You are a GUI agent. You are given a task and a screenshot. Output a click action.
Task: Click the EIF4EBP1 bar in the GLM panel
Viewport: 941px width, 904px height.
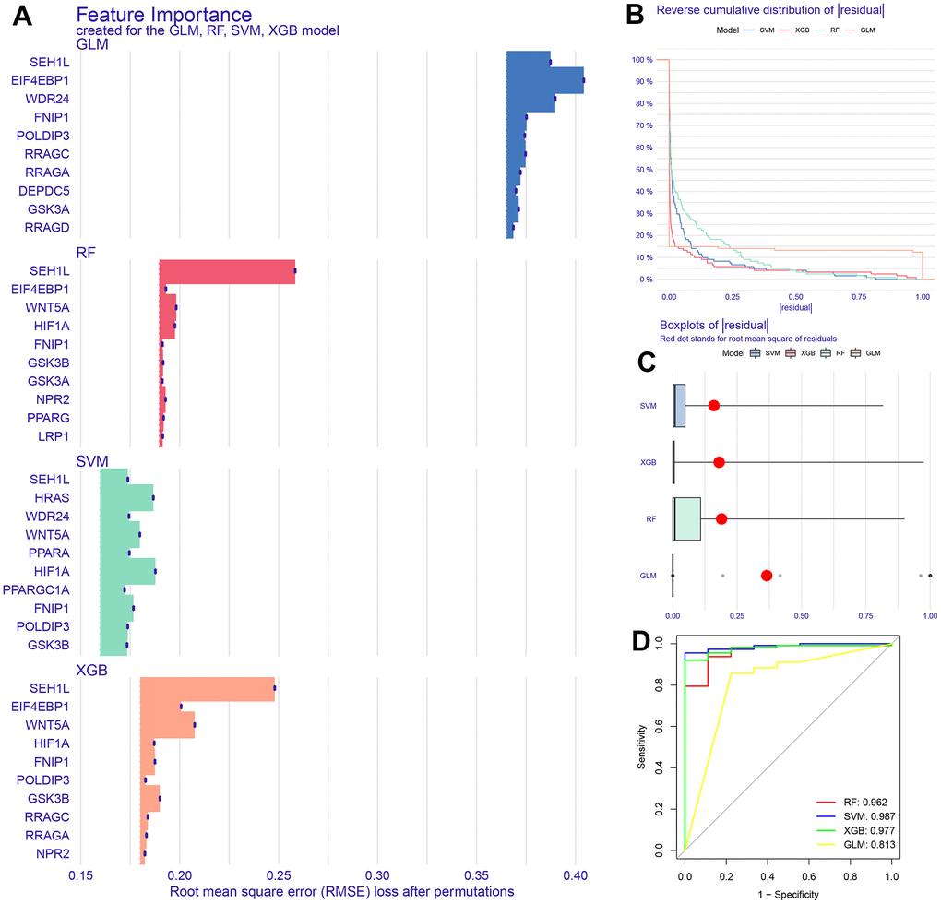(x=544, y=80)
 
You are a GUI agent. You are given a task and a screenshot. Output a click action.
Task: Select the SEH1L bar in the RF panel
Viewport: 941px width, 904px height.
(x=227, y=271)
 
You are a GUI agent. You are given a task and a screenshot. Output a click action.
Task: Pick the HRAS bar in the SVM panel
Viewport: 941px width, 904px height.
(x=126, y=497)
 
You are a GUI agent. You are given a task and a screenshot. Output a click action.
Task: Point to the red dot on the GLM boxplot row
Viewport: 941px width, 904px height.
(x=767, y=576)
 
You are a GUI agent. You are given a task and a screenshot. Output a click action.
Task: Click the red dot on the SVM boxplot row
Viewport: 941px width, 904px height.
(x=713, y=405)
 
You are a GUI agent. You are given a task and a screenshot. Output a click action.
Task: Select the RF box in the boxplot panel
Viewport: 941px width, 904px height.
(x=687, y=518)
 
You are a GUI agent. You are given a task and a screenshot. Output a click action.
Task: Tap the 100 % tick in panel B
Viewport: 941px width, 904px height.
(x=642, y=61)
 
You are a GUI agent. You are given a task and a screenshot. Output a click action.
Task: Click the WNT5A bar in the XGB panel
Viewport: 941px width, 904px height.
(x=167, y=725)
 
